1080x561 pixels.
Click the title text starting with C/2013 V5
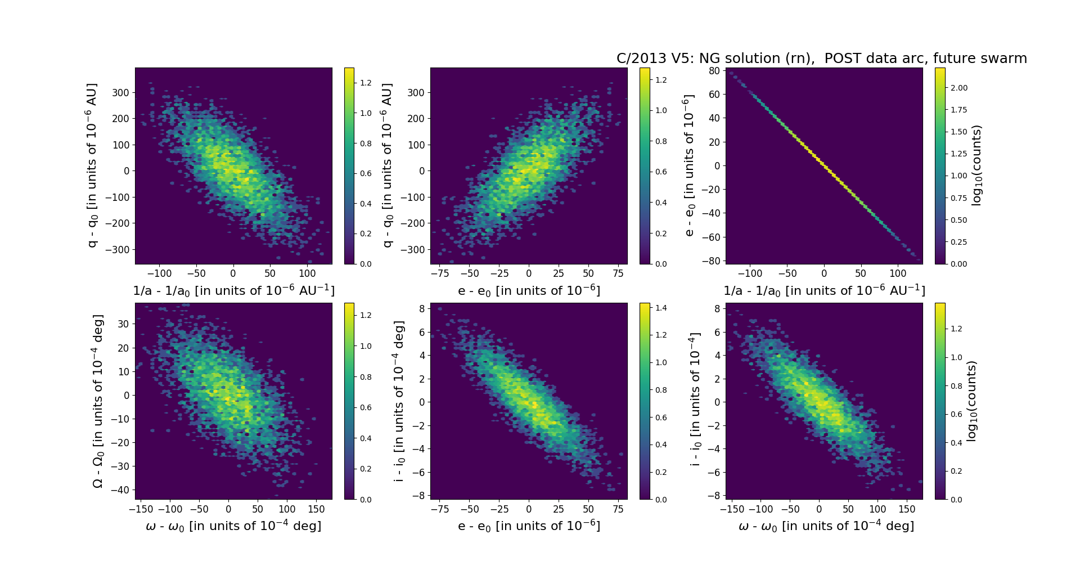click(821, 59)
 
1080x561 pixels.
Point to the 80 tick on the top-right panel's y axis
click(714, 71)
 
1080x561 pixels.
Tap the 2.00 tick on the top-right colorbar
click(959, 88)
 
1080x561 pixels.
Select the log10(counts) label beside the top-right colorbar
click(976, 165)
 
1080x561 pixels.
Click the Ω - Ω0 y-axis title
click(98, 401)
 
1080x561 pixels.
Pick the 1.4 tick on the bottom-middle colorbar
click(661, 308)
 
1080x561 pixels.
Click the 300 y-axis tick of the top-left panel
click(120, 93)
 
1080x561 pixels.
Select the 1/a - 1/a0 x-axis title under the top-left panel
click(233, 290)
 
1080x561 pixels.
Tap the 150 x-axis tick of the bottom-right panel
click(907, 509)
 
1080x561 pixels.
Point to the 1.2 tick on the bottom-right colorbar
click(956, 329)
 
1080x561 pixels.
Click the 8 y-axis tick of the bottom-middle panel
click(420, 308)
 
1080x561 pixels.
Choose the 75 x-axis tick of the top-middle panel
click(618, 274)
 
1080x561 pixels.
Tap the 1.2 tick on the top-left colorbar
click(366, 83)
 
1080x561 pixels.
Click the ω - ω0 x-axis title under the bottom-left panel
click(233, 526)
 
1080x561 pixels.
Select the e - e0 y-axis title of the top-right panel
click(689, 165)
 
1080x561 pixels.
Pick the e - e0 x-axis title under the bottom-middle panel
click(529, 526)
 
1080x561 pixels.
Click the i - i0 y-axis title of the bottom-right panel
click(696, 401)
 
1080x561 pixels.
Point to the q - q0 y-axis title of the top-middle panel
click(388, 165)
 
